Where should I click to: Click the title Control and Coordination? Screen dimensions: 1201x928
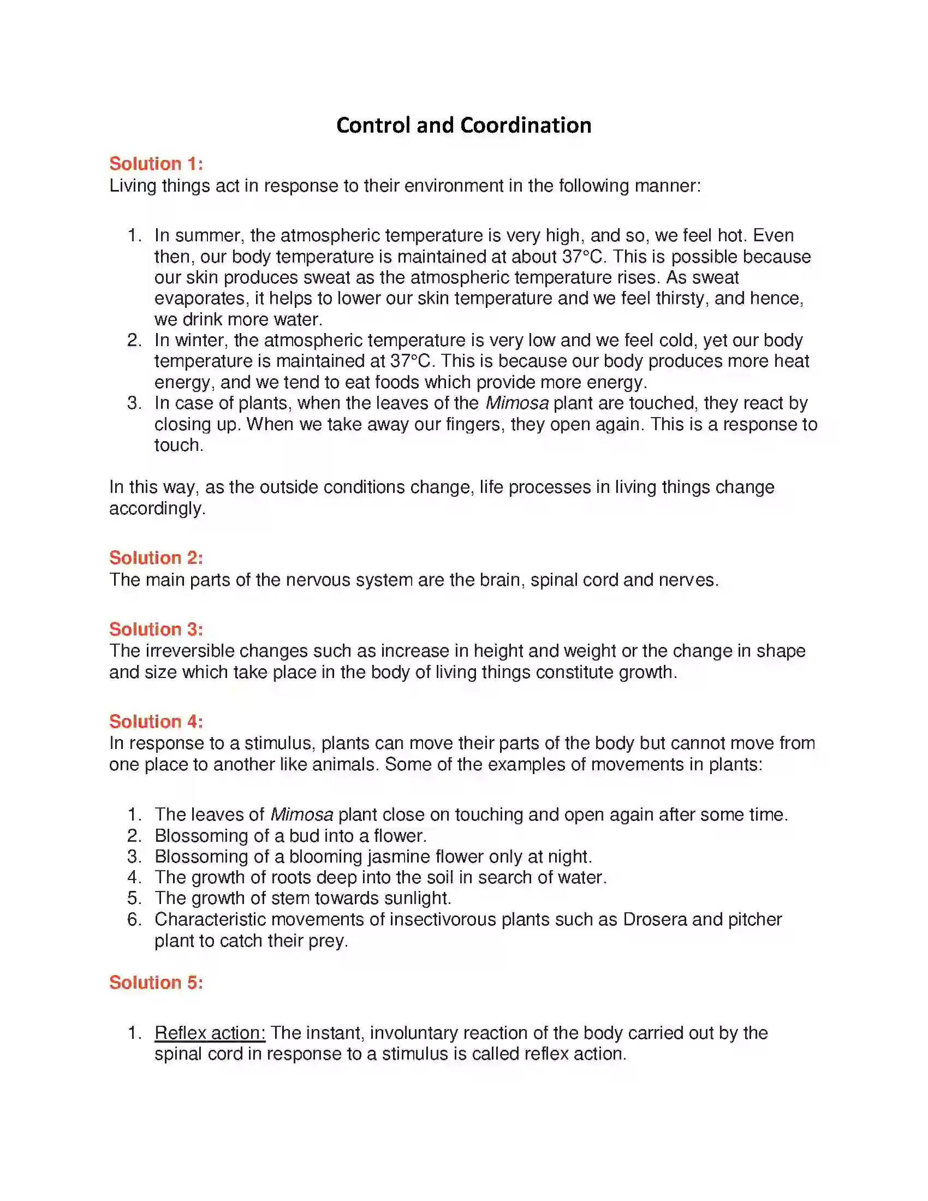463,126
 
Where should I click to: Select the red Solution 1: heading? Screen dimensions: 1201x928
156,164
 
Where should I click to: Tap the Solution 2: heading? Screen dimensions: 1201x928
156,557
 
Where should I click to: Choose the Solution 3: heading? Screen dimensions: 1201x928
156,629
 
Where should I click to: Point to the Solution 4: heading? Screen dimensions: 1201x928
156,722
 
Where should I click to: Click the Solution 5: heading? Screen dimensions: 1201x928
156,982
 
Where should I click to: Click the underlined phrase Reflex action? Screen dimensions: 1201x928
210,1033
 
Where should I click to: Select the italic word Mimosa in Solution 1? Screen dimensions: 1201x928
517,403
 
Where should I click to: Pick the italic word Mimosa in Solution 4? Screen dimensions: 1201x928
301,814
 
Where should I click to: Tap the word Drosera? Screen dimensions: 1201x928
655,919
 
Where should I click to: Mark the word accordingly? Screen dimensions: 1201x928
156,508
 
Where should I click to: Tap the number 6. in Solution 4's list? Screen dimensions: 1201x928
134,919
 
